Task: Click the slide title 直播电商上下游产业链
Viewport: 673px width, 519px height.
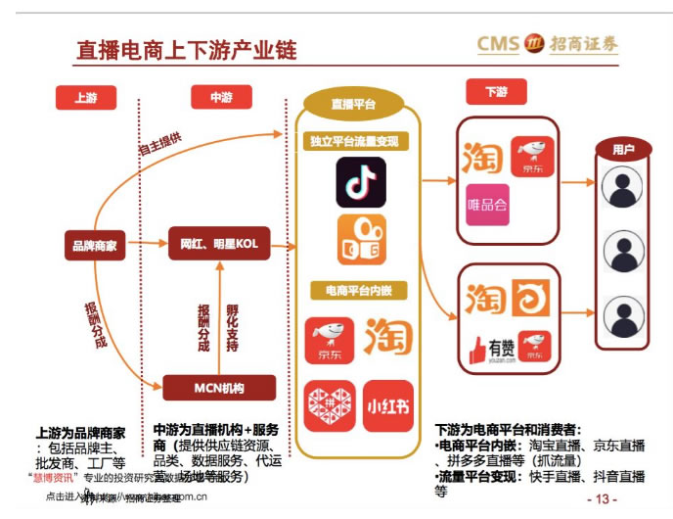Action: pos(186,49)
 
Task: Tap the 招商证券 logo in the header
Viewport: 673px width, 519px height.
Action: pos(548,43)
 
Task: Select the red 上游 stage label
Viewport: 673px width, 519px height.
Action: pos(85,97)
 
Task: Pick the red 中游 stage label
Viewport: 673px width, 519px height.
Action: pos(221,97)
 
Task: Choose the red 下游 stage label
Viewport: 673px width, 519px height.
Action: pos(496,92)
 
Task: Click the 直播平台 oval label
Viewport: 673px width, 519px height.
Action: pos(353,103)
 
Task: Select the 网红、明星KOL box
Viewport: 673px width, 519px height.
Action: pos(219,243)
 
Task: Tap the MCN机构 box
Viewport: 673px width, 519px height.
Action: pos(217,388)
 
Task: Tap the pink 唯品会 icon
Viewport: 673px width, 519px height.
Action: pos(487,206)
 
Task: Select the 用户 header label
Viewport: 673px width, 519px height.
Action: pos(623,150)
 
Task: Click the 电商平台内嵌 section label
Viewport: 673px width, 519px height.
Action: pos(359,291)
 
